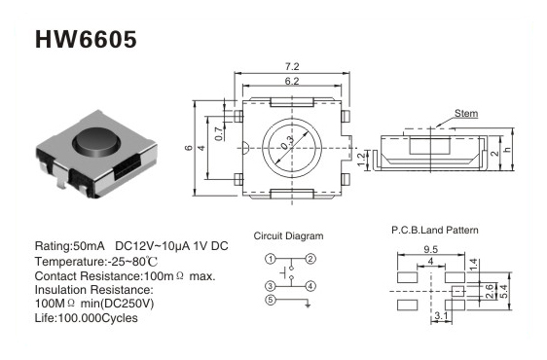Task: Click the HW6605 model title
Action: pyautogui.click(x=86, y=39)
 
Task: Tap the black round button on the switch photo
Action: pyautogui.click(x=96, y=141)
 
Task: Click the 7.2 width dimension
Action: pyautogui.click(x=292, y=66)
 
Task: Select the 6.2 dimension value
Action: pyautogui.click(x=292, y=81)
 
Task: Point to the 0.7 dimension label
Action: pyautogui.click(x=219, y=133)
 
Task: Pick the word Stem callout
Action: pyautogui.click(x=466, y=114)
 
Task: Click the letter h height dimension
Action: pyautogui.click(x=507, y=149)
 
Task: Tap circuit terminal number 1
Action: pyautogui.click(x=271, y=259)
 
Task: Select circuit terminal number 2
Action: pyautogui.click(x=310, y=259)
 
